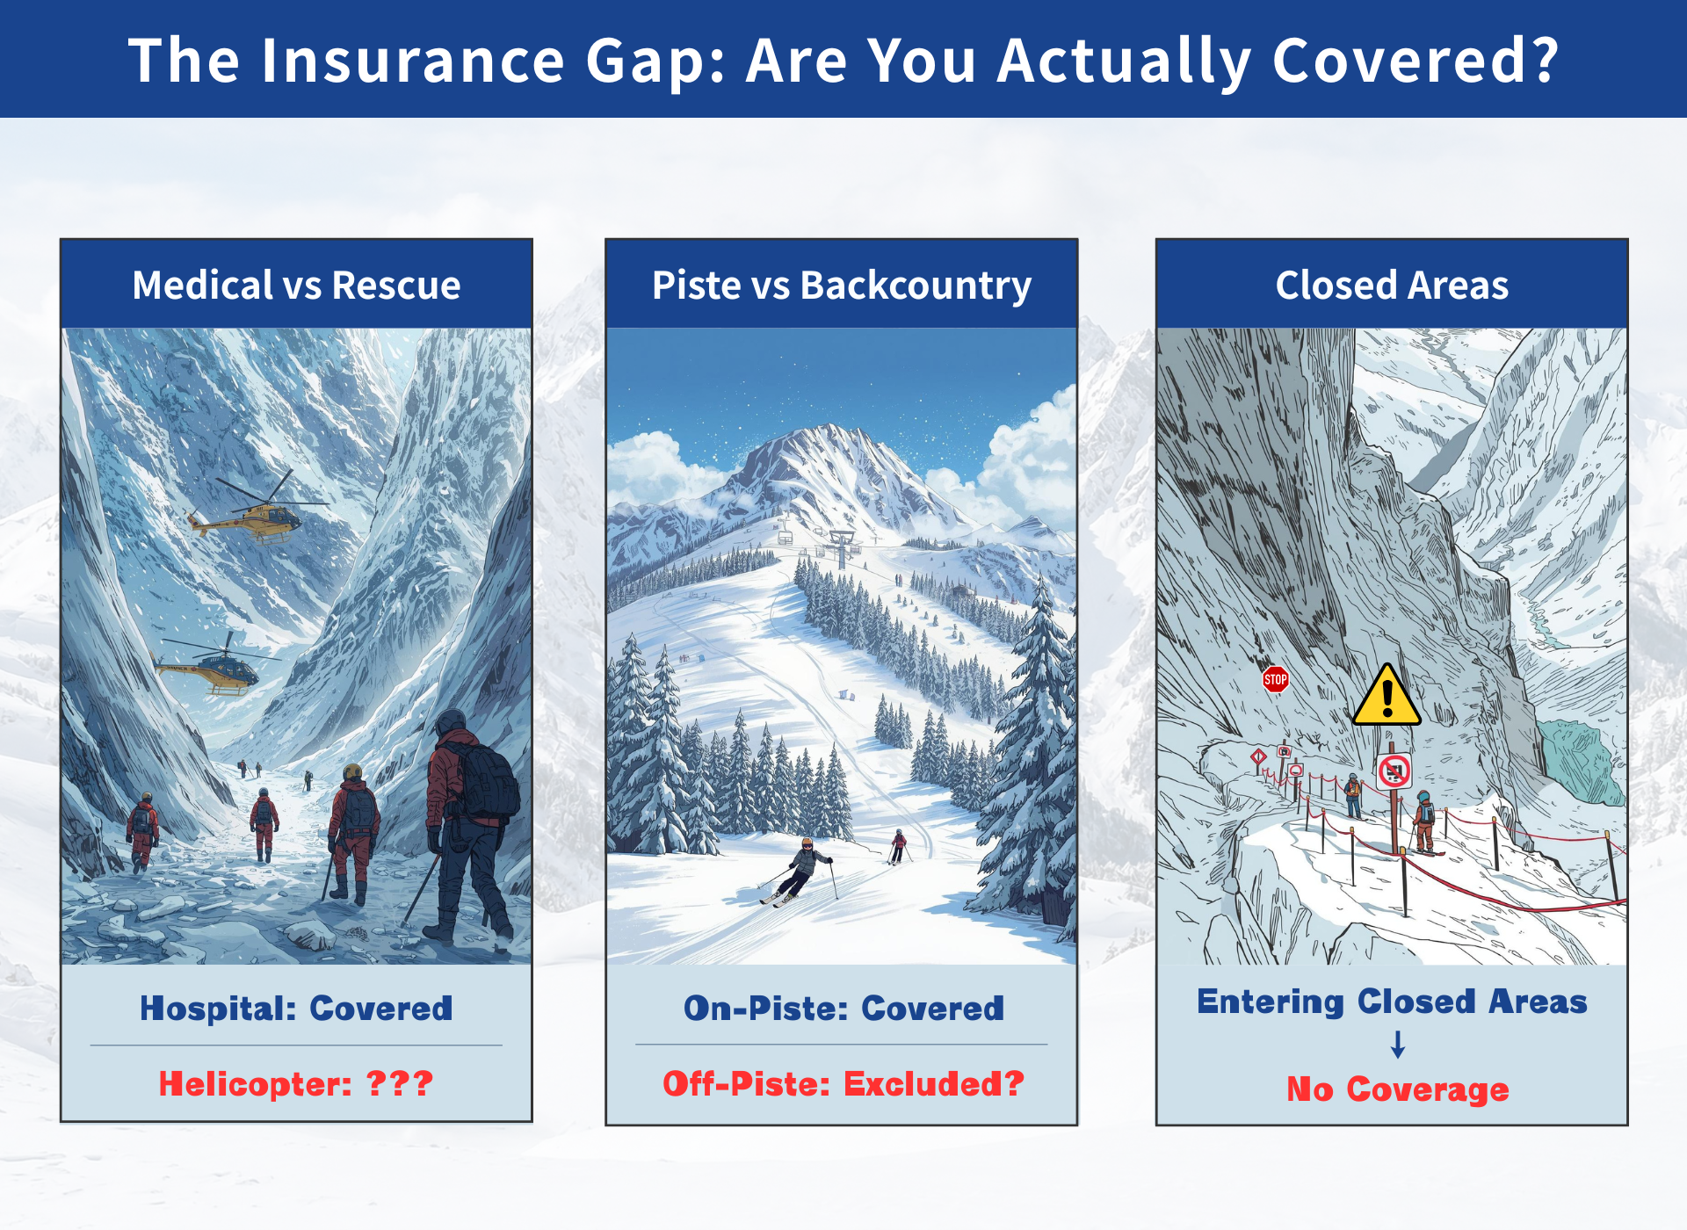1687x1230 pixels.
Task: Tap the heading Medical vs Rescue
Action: tap(297, 286)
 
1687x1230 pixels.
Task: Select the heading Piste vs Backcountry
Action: tap(842, 286)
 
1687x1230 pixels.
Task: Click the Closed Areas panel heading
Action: tap(1392, 286)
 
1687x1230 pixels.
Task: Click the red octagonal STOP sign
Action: tap(1275, 679)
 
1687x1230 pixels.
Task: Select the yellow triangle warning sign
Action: tap(1387, 695)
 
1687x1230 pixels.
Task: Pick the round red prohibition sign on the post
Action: tap(1394, 771)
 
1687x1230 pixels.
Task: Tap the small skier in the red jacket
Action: tap(898, 846)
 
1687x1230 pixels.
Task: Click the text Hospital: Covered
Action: tap(296, 1009)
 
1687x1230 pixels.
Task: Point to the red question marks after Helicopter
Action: tap(400, 1083)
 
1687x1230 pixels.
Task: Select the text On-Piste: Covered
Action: tap(843, 1009)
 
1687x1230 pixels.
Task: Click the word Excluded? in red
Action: tap(934, 1084)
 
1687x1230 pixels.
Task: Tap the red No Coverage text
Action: tap(1398, 1089)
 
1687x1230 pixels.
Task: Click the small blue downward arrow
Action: tap(1398, 1044)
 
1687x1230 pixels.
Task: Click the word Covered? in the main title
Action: tap(1415, 61)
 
